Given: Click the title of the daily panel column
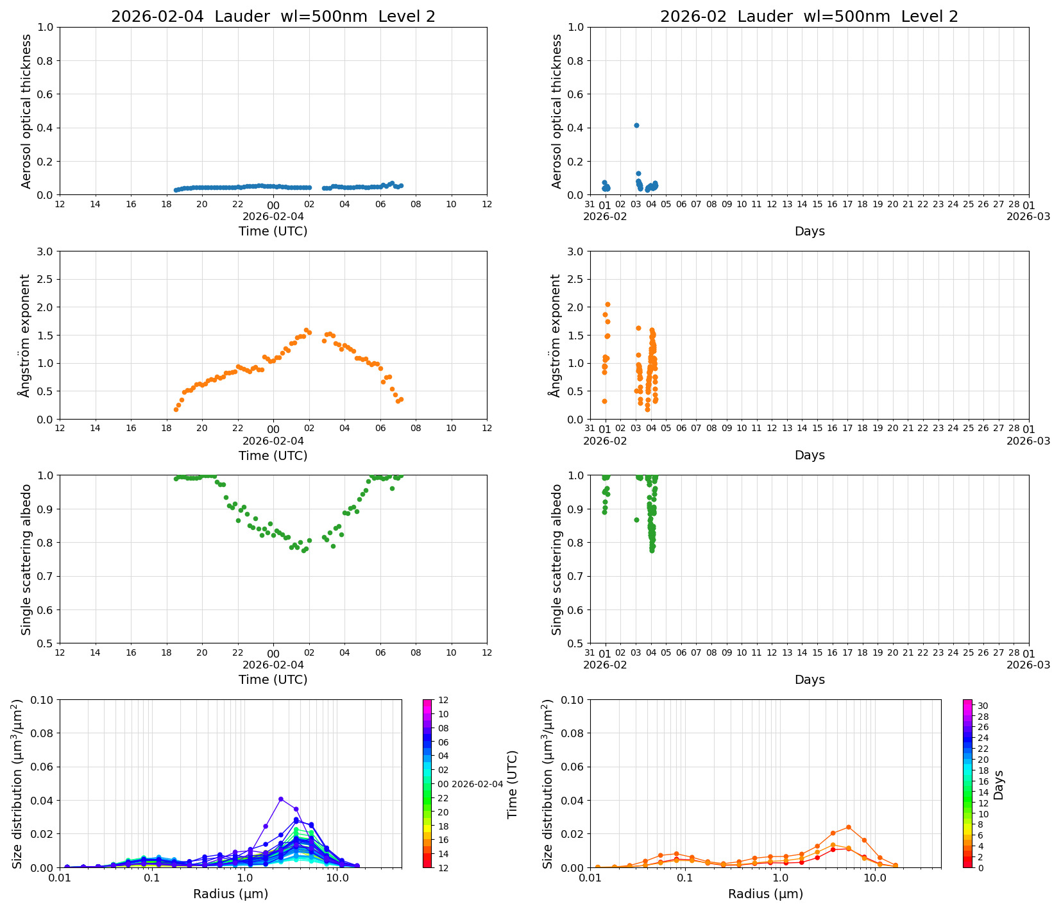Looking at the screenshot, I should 273,17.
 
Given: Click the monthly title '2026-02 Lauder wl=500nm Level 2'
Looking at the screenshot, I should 809,17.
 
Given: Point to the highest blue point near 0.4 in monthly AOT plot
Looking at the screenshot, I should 636,125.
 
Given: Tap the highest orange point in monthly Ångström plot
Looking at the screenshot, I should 607,304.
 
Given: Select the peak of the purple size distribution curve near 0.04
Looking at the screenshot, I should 281,799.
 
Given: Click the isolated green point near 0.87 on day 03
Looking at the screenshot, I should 636,520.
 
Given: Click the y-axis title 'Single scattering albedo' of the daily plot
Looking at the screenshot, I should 26,559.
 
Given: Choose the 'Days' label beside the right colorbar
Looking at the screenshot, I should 999,785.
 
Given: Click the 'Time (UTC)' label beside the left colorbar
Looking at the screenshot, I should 513,785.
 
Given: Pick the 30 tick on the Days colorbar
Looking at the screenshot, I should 983,706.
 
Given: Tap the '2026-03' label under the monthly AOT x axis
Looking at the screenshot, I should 1028,216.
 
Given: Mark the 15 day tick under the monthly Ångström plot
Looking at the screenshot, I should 817,429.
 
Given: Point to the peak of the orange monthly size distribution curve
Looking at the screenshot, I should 848,827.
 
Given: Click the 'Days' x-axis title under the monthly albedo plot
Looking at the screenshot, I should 810,679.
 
